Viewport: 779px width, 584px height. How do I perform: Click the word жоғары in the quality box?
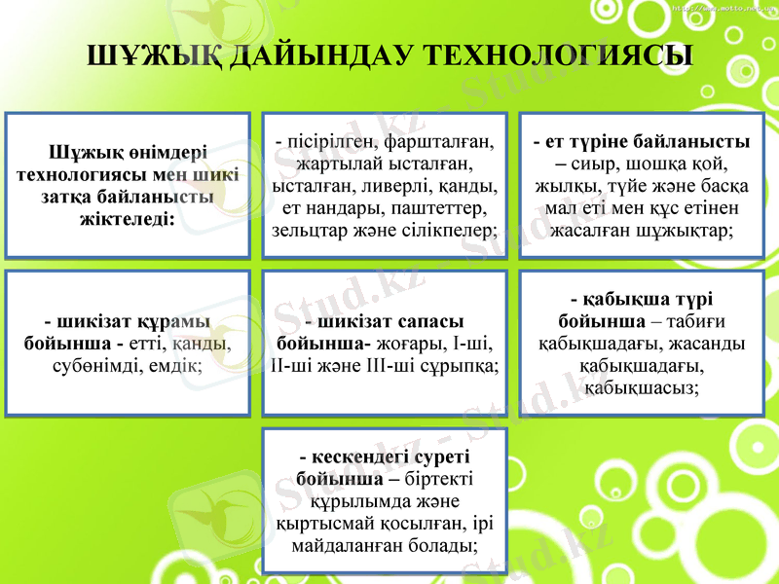point(408,344)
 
